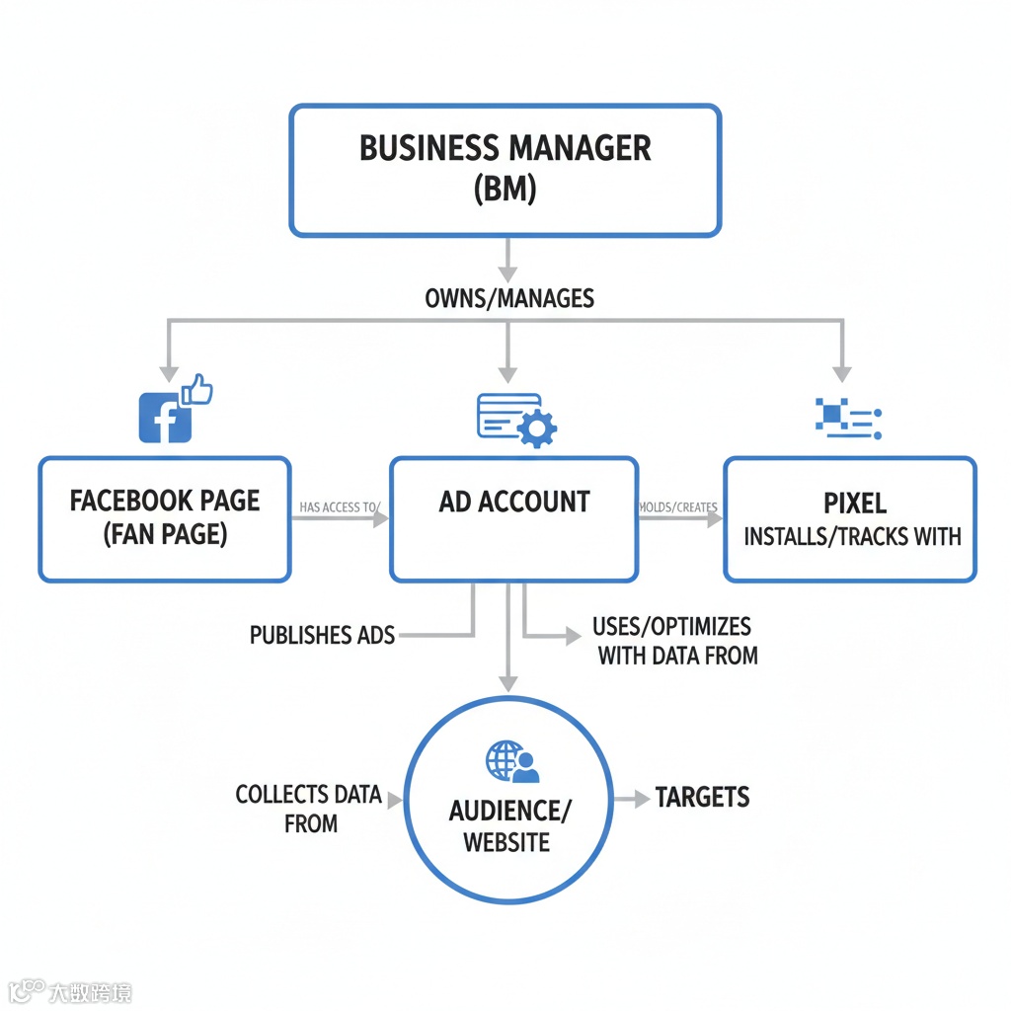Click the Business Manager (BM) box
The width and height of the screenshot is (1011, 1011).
(505, 170)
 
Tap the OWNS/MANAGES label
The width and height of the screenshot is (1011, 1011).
(508, 297)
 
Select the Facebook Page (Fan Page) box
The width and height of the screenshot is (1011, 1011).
(164, 518)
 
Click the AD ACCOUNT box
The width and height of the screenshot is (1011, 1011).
(513, 518)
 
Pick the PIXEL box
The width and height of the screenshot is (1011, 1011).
(850, 518)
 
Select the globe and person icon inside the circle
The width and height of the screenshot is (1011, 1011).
(511, 762)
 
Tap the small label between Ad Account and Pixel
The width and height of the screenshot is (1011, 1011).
(677, 507)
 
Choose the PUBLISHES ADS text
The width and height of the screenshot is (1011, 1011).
(322, 635)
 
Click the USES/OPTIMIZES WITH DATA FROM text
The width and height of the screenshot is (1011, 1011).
(677, 640)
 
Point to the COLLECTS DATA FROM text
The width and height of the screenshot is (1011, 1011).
(309, 809)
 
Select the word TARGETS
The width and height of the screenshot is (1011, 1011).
(702, 798)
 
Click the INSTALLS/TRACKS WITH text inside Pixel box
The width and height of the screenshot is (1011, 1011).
(851, 537)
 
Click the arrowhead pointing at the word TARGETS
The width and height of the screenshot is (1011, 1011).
(642, 798)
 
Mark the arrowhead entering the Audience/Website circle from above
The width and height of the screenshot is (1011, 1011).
(507, 683)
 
